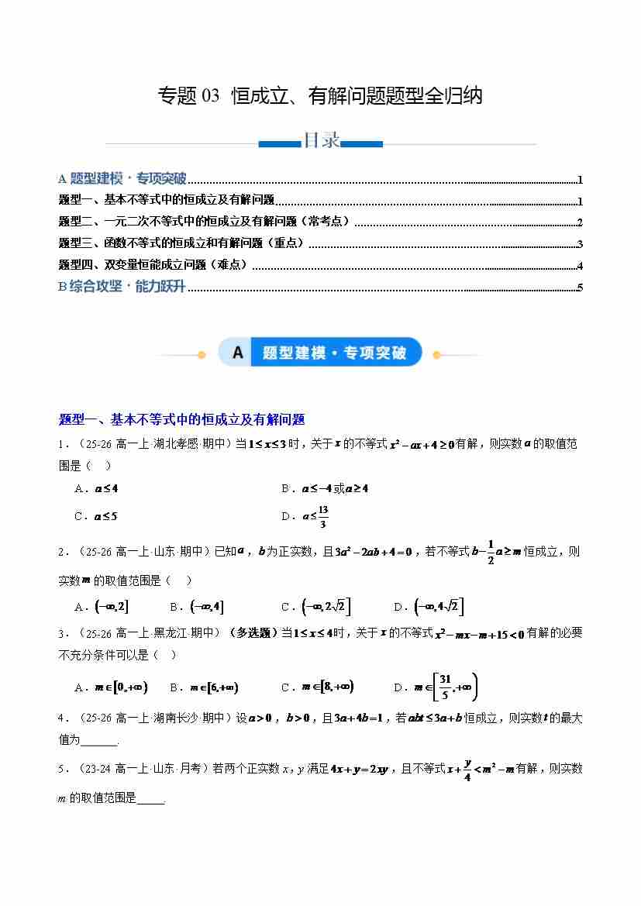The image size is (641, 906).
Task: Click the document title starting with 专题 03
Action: coord(320,96)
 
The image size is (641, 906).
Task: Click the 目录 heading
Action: coord(320,141)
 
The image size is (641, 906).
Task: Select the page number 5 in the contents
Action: coord(580,288)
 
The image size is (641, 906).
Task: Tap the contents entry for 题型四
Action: coord(154,265)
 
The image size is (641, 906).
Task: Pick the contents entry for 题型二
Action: coord(205,222)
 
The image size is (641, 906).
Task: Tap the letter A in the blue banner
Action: coord(237,353)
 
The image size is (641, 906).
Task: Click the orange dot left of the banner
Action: coord(202,355)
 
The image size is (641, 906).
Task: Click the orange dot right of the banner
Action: coord(436,355)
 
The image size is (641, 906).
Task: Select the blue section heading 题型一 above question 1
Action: coord(181,419)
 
